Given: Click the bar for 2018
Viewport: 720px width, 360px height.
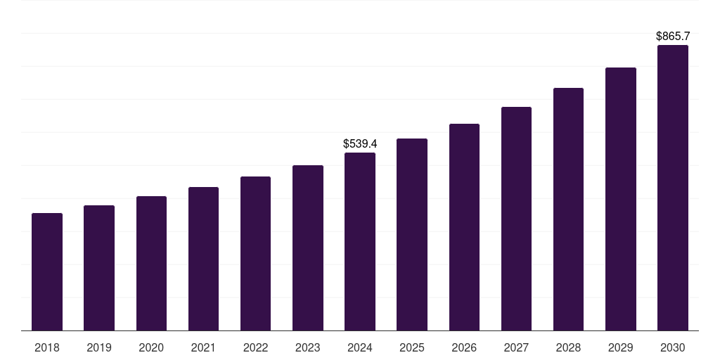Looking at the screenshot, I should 47,272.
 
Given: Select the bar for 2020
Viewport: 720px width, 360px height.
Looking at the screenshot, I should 151,264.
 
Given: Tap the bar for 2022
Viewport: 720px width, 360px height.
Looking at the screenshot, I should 255,254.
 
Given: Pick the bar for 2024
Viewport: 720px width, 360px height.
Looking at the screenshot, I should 360,242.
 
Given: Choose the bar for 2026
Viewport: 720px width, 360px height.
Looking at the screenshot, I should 464,227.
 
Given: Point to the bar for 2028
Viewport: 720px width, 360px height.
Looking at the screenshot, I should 568,210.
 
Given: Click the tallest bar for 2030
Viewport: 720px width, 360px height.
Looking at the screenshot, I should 673,188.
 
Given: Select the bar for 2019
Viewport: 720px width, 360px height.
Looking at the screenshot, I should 99,268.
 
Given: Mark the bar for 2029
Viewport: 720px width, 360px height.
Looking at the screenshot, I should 621,199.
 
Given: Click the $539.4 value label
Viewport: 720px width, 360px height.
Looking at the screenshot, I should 360,143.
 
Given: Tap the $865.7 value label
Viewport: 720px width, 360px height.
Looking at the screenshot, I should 673,36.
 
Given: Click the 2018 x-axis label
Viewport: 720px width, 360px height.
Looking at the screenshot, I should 47,347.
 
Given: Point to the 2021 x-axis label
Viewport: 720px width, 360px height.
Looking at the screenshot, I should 203,347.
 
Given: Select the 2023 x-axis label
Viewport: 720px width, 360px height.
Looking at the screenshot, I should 308,347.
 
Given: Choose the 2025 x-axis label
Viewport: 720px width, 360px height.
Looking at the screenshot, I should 412,347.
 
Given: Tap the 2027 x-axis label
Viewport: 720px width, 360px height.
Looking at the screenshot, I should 516,347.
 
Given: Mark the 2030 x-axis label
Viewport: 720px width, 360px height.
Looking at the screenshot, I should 673,347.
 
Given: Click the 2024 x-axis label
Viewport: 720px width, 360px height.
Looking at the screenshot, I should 360,347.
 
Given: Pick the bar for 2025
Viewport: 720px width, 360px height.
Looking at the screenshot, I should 412,235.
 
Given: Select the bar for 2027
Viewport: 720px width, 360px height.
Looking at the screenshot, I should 516,219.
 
